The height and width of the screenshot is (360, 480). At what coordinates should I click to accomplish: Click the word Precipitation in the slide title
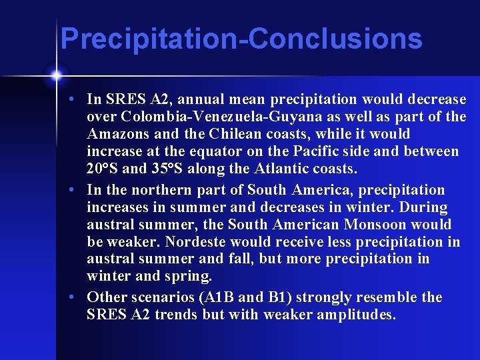click(x=150, y=39)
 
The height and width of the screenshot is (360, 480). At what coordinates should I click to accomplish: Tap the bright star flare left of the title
click(x=57, y=74)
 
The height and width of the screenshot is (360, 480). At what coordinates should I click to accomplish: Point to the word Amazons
click(x=114, y=134)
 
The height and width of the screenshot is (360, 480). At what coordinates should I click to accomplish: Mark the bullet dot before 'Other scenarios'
click(x=79, y=297)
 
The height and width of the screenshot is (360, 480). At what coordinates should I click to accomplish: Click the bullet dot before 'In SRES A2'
click(x=79, y=99)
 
